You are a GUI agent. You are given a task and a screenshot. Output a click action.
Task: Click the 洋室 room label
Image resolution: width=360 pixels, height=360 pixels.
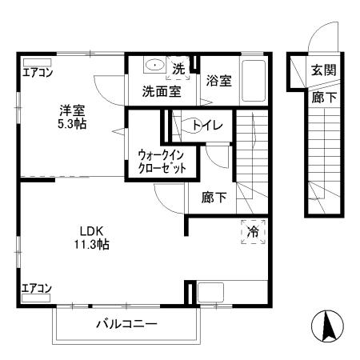[70, 110]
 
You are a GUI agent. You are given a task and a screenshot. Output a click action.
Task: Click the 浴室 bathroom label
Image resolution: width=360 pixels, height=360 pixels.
[218, 80]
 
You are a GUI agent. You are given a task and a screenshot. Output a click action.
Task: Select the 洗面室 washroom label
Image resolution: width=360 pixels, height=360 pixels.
[161, 91]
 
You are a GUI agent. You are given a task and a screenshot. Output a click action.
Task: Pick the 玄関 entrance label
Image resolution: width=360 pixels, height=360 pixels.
[324, 70]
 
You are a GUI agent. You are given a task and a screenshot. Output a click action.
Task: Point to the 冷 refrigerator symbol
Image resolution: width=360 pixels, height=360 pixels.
[253, 231]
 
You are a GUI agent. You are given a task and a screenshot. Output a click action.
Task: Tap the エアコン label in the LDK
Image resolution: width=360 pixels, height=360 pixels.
[37, 288]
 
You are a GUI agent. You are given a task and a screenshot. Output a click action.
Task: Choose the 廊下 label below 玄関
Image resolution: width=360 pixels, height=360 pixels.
[323, 98]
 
